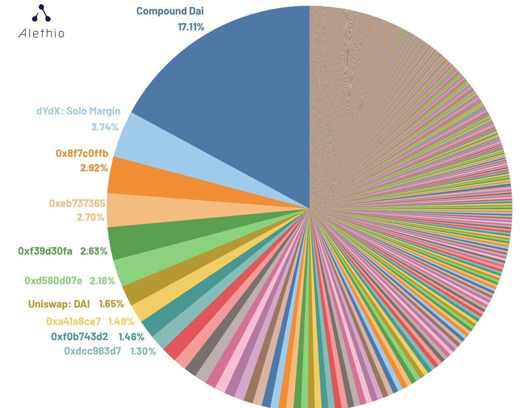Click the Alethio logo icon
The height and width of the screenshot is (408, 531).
click(41, 13)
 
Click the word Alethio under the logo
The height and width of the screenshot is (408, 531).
click(41, 33)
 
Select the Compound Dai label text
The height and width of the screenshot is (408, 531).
click(170, 11)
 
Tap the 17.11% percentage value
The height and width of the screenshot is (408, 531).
click(191, 27)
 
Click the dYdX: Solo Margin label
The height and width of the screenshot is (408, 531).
click(78, 111)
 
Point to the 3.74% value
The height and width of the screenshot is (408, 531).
click(105, 127)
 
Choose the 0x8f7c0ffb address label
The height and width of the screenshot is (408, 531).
click(82, 154)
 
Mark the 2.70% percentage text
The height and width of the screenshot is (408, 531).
click(90, 217)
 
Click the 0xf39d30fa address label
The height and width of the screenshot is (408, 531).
click(45, 251)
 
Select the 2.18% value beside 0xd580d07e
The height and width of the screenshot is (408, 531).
click(102, 281)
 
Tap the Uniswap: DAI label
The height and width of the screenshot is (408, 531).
click(59, 304)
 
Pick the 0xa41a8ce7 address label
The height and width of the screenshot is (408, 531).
click(73, 322)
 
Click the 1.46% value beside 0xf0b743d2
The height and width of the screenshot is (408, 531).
click(132, 337)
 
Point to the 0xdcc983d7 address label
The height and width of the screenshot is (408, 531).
click(93, 352)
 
